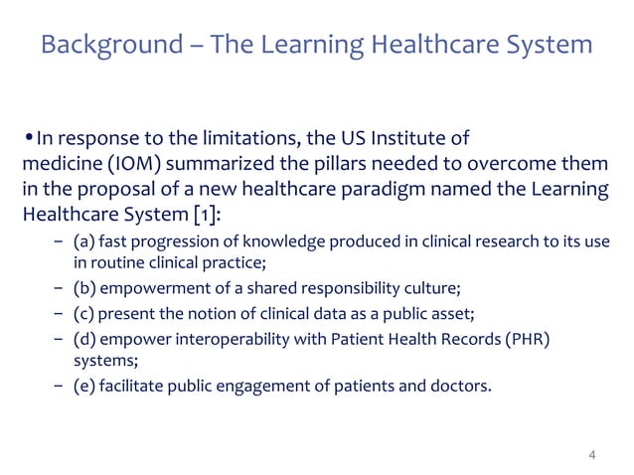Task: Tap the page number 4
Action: point(592,455)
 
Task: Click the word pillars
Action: point(333,163)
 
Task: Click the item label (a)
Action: point(83,244)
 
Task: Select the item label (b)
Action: point(84,290)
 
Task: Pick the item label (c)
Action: point(83,316)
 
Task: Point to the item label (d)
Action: point(84,342)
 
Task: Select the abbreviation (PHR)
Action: point(528,342)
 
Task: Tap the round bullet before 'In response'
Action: point(28,137)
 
